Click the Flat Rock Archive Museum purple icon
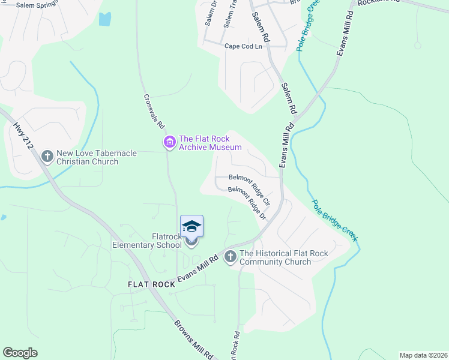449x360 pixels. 169,142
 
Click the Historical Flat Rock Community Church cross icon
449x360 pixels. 230,257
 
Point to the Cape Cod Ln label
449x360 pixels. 244,46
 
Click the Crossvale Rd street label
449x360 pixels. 153,112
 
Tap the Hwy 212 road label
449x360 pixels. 22,137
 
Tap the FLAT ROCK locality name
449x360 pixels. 151,284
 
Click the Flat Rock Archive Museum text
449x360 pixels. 210,143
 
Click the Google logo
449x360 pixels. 20,353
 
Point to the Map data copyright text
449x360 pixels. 423,355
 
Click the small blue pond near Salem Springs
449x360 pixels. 105,19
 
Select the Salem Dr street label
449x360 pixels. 210,13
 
